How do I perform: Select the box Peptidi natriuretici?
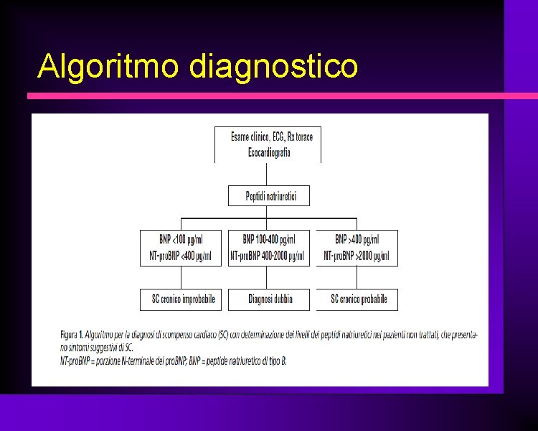coord(268,196)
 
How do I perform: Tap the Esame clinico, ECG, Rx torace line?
coord(271,137)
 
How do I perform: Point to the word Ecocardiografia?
coord(269,152)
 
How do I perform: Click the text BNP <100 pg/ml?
coord(181,239)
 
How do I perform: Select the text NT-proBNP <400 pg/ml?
coord(180,256)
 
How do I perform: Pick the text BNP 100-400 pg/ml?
coord(268,239)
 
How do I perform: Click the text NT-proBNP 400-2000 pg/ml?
coord(268,256)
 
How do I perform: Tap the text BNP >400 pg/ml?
coord(357,239)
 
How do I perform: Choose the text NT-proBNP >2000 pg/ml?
coord(357,256)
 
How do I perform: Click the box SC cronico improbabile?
coord(183,299)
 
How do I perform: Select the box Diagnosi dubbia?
coord(270,299)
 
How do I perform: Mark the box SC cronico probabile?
coord(359,299)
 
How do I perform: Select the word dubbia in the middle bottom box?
coord(281,299)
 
